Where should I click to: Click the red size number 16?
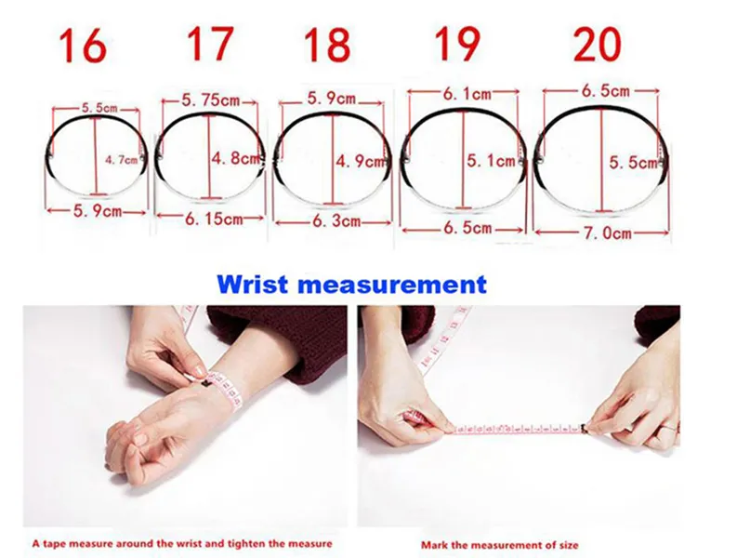tap(82, 46)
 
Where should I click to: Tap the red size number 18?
tap(326, 45)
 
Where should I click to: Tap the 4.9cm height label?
tap(362, 160)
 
